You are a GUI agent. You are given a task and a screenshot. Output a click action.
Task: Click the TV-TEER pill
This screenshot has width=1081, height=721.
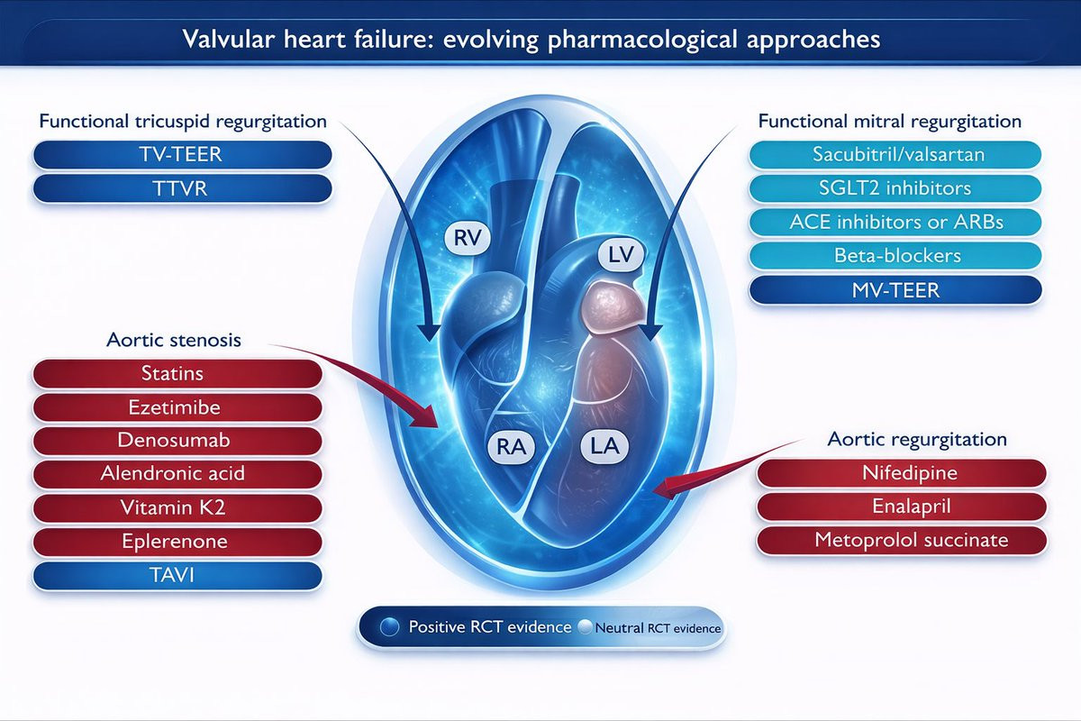click(x=182, y=154)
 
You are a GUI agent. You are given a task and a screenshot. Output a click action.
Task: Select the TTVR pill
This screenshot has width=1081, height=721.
click(x=182, y=188)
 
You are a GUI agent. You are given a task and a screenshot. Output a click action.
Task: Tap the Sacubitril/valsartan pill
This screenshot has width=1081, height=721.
click(x=895, y=154)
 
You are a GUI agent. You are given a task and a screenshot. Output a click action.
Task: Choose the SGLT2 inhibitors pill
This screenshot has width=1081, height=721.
click(x=895, y=188)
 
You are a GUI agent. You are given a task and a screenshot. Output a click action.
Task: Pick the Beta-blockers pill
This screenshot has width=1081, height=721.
click(x=895, y=255)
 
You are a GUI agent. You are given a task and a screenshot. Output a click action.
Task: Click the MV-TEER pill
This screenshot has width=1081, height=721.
click(x=895, y=290)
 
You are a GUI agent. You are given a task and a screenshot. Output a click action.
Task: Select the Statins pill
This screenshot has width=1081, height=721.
click(x=177, y=374)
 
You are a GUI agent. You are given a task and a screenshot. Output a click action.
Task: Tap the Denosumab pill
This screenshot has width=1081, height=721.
click(x=177, y=441)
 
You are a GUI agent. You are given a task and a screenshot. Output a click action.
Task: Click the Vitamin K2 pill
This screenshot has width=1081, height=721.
click(x=177, y=507)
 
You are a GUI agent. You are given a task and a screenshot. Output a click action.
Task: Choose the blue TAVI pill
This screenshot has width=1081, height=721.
click(x=177, y=575)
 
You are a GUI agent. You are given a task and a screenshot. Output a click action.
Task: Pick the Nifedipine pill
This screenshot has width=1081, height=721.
click(x=902, y=473)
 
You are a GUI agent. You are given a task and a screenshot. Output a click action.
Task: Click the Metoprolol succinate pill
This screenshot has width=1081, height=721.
click(x=902, y=540)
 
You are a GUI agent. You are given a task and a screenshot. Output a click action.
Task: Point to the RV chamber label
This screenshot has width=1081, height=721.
click(x=468, y=238)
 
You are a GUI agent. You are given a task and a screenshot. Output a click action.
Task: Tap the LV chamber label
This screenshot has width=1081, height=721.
click(x=621, y=254)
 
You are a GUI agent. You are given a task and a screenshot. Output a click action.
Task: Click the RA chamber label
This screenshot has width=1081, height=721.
click(x=512, y=447)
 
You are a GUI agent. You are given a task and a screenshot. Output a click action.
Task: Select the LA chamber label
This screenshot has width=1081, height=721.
click(x=604, y=446)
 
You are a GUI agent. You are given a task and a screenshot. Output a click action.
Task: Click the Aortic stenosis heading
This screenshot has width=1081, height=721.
click(x=174, y=340)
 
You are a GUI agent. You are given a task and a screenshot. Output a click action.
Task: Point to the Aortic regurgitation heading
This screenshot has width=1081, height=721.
click(x=917, y=440)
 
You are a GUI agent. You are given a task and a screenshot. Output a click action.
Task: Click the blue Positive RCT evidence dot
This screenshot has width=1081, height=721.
click(x=389, y=627)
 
